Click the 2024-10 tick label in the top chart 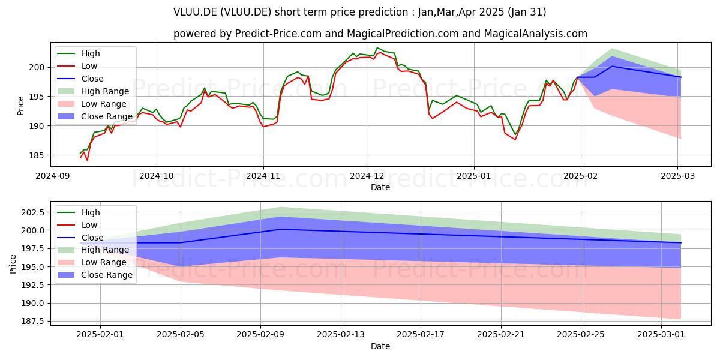point(157,176)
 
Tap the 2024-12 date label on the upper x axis point(367,176)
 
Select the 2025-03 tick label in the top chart point(677,176)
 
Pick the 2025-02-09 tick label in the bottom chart point(260,335)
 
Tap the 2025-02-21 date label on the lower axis point(501,335)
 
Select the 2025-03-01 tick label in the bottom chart point(661,335)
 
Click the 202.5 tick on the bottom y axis point(34,212)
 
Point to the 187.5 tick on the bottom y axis point(34,322)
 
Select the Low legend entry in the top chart point(77,66)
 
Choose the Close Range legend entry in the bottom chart point(95,275)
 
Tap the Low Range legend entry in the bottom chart point(92,262)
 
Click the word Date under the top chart point(380,187)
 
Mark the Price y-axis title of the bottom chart point(13,264)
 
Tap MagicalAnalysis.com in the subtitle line point(535,34)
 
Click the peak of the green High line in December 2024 point(377,48)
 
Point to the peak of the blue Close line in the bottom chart point(281,229)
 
